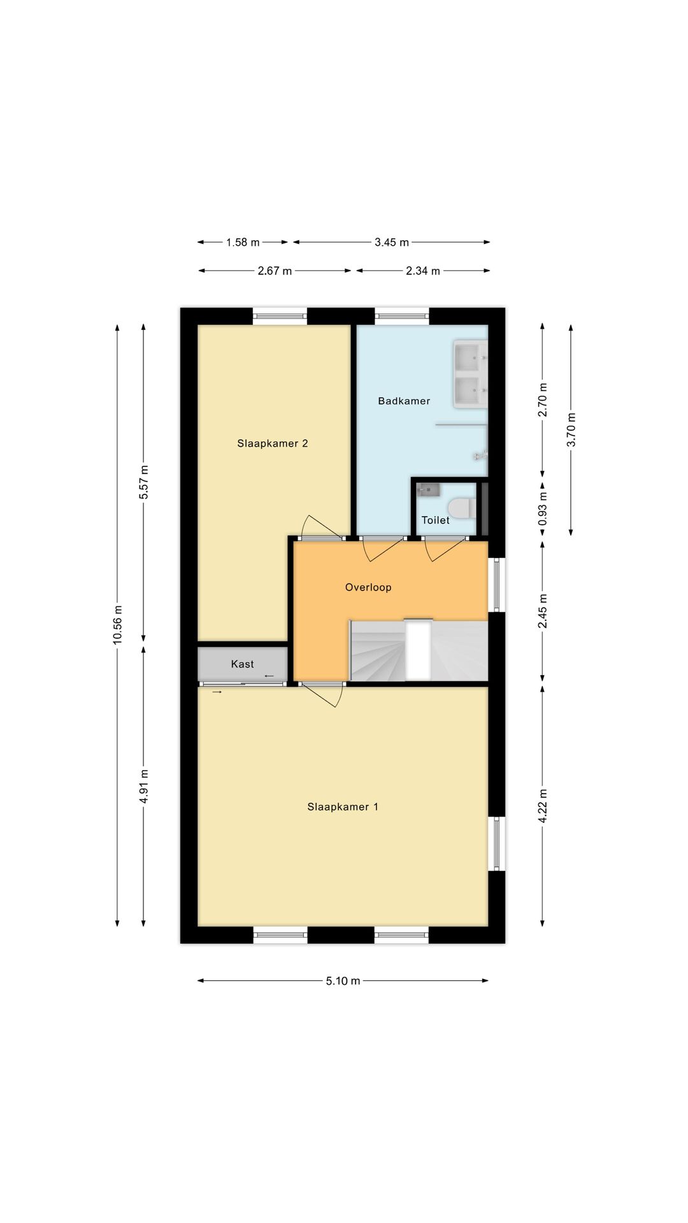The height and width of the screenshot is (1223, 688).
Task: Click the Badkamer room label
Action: (x=404, y=401)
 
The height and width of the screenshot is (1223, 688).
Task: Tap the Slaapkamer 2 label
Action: (x=273, y=443)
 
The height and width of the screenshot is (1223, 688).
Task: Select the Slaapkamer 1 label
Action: (x=343, y=806)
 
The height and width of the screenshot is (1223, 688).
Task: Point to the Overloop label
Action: (x=368, y=587)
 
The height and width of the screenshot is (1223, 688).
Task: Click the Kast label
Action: (x=242, y=664)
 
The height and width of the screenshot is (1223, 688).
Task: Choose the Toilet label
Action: (x=436, y=520)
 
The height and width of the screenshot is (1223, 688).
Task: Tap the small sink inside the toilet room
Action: (x=428, y=490)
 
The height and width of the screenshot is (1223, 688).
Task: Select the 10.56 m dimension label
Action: (x=118, y=625)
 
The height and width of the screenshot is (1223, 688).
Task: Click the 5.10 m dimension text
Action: (x=343, y=980)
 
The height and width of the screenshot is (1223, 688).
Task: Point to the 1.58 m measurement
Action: (x=243, y=242)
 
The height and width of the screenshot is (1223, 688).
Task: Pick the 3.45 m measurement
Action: (x=392, y=242)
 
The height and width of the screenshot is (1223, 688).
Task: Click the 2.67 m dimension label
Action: (x=275, y=271)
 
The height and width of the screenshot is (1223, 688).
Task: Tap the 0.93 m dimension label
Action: (x=543, y=508)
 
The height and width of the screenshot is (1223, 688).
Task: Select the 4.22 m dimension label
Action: (x=543, y=806)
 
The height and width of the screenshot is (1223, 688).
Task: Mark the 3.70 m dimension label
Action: (x=571, y=430)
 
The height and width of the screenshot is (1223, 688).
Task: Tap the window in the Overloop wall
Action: (x=497, y=585)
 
